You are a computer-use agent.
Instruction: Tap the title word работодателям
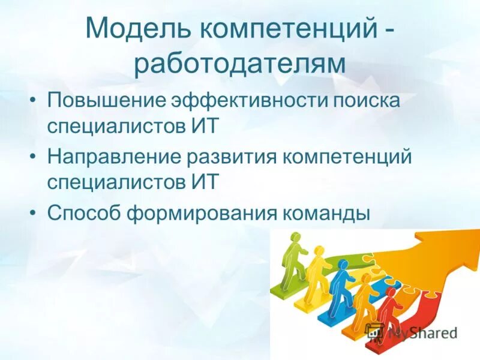click(x=239, y=64)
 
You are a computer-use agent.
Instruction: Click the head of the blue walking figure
click(x=341, y=265)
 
